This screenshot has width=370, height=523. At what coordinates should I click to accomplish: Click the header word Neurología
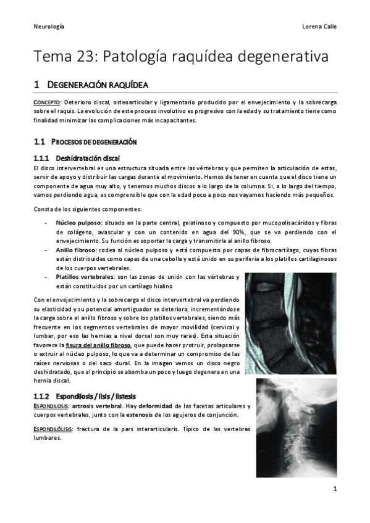tap(49, 27)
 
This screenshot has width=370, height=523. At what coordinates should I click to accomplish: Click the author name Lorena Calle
tap(319, 27)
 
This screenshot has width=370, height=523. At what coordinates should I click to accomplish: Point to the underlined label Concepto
tap(47, 102)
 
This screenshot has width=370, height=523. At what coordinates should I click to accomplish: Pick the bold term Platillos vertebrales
tap(85, 277)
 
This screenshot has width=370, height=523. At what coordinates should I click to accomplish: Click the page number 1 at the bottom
tap(334, 490)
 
